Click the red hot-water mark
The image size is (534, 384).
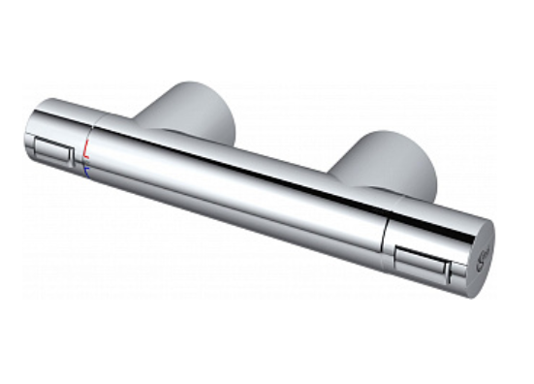click(x=88, y=149)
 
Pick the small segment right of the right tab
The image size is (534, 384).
click(x=456, y=274)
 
